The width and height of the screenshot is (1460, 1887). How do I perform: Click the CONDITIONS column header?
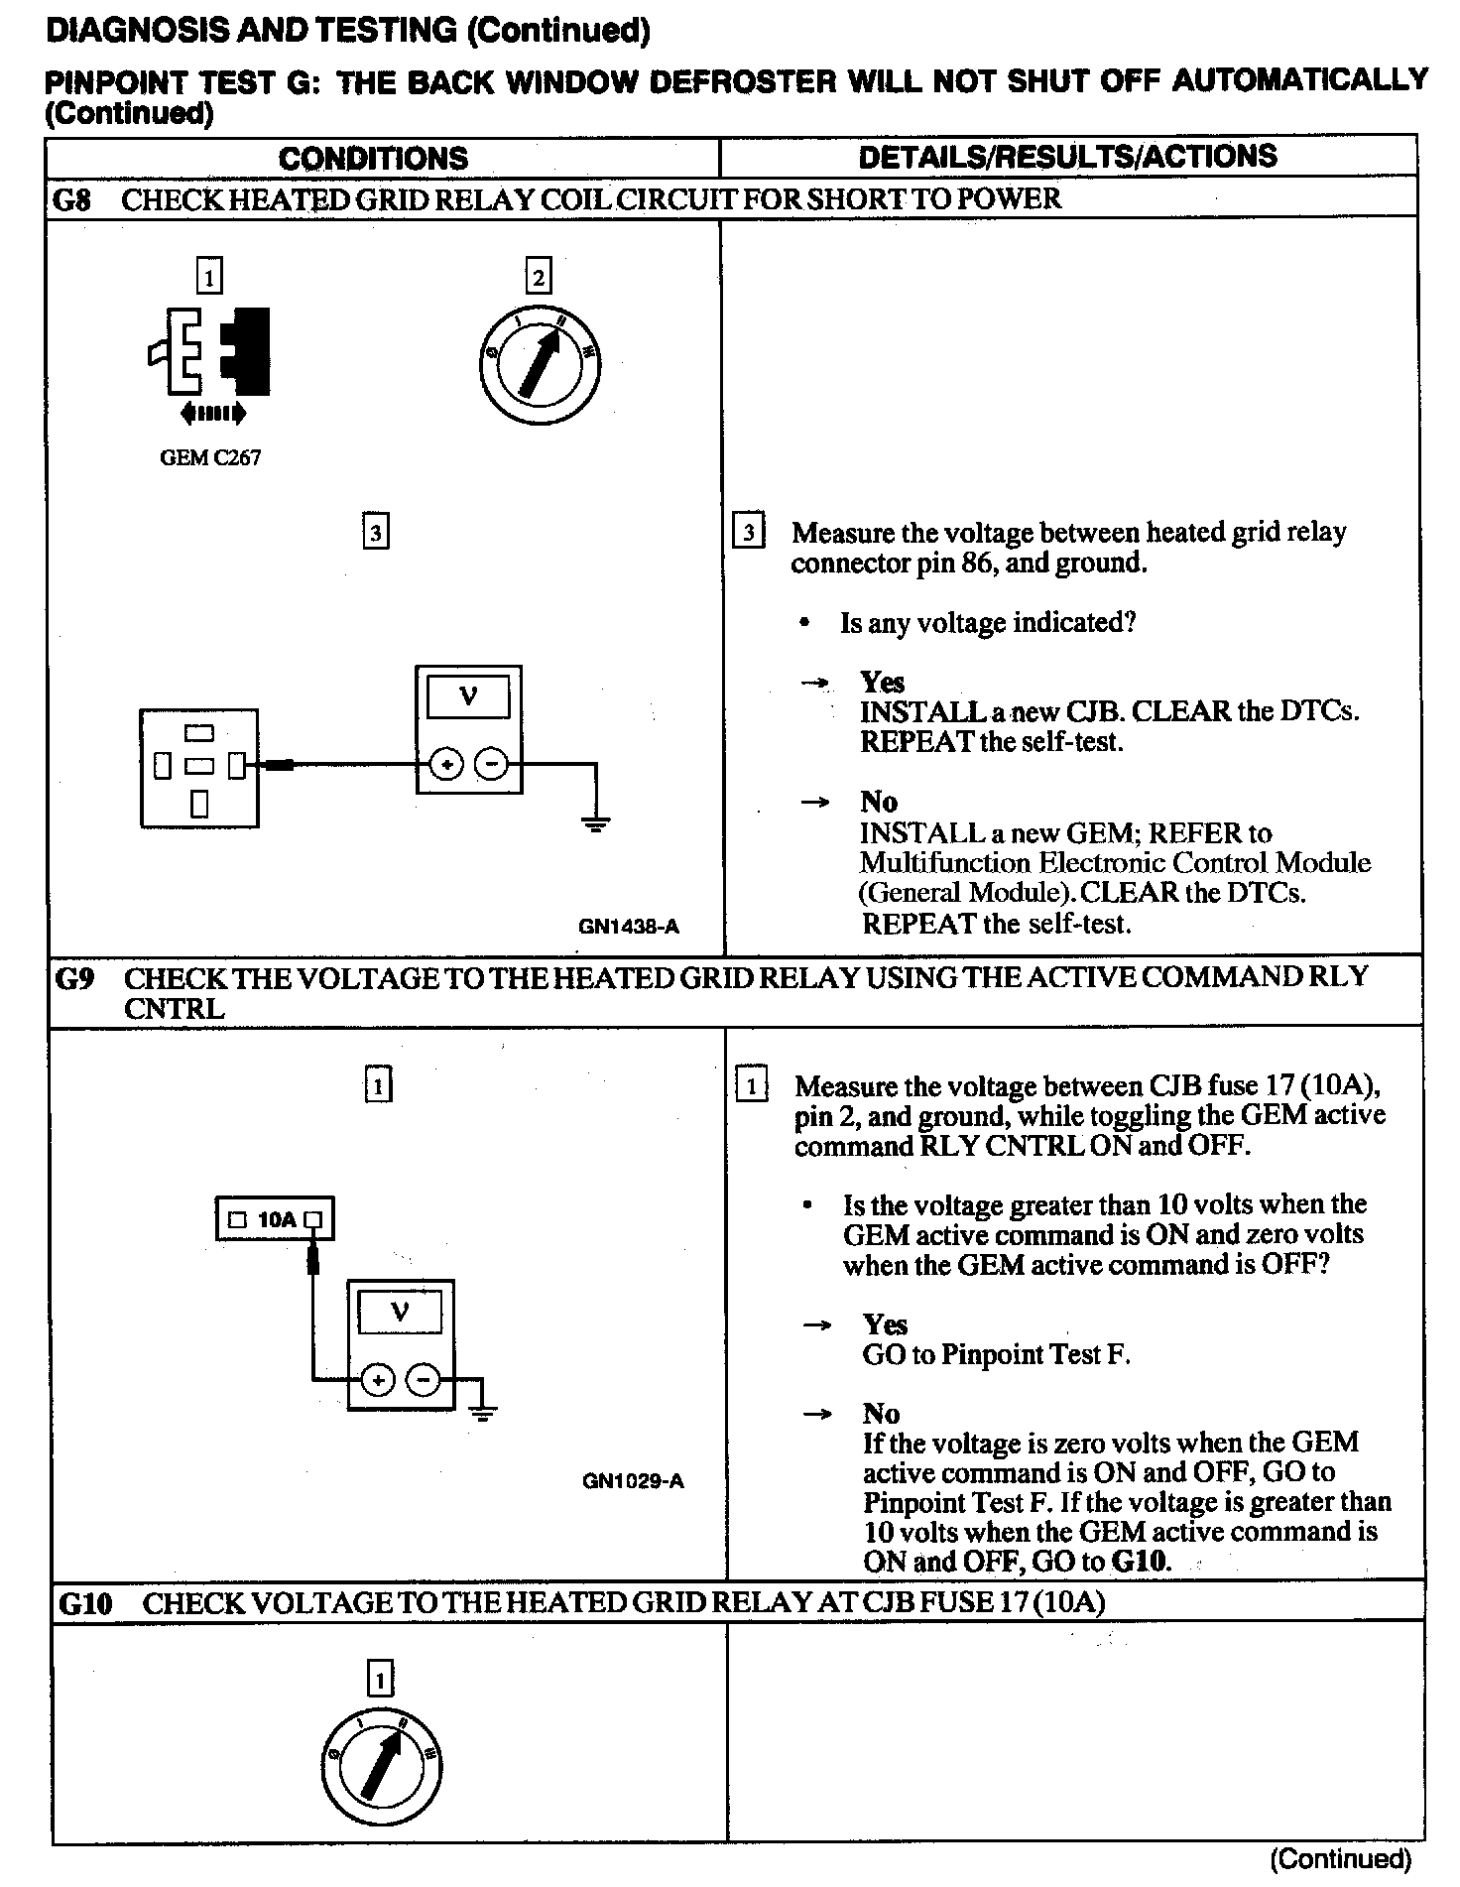click(x=373, y=158)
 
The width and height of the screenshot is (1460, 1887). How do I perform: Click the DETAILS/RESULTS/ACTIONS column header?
click(x=1067, y=157)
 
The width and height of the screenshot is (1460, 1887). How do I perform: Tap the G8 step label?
click(x=71, y=199)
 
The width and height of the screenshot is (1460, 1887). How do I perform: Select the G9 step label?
click(x=75, y=979)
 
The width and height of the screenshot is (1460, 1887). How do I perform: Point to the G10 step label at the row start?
click(x=85, y=1603)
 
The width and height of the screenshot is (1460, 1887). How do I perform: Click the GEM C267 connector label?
click(x=210, y=457)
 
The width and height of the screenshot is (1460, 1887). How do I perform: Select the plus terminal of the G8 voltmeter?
click(x=446, y=764)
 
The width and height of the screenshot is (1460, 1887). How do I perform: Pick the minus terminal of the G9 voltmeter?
click(x=425, y=1379)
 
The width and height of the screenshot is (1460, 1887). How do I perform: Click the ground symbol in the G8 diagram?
click(x=595, y=822)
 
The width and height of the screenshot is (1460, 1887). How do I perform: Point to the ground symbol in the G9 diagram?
click(x=483, y=1414)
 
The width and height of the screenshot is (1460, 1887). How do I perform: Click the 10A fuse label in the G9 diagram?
click(x=276, y=1219)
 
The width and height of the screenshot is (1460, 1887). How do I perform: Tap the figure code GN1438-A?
click(x=629, y=927)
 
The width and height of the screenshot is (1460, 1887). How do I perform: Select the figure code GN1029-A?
click(x=633, y=1481)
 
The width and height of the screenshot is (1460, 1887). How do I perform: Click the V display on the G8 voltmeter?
click(x=468, y=695)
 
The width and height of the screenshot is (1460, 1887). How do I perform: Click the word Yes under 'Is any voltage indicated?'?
click(x=882, y=682)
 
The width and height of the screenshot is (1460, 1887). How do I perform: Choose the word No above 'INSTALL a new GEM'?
click(x=879, y=802)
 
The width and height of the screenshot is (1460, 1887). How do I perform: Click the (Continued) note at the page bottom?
click(x=1340, y=1858)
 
